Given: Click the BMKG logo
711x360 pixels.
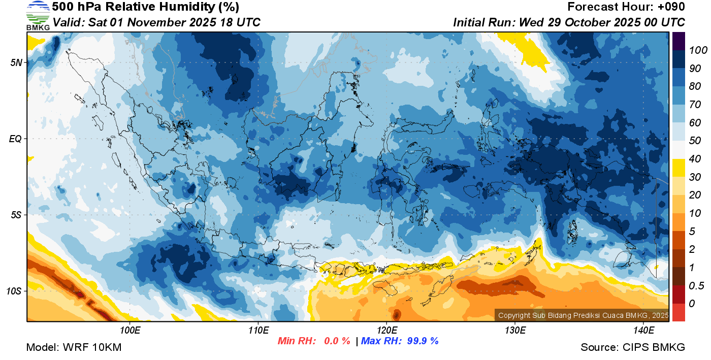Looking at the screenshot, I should [x=38, y=15].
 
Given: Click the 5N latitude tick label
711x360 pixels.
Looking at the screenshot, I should [x=16, y=62].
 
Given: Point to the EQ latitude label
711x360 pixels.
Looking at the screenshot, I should [x=16, y=139].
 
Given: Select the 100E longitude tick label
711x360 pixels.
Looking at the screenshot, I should [x=130, y=331].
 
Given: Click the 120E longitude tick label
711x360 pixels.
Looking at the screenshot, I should [x=386, y=331].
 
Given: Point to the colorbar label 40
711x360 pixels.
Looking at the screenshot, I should [x=694, y=159].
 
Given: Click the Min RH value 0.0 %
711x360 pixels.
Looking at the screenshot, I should [x=337, y=341].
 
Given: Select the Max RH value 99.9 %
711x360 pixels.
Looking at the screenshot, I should [x=423, y=341].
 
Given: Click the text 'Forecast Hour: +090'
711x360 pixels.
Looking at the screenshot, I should [x=626, y=7].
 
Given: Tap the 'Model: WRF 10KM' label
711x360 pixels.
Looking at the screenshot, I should [x=74, y=347].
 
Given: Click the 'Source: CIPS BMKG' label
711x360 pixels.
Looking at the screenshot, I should [x=633, y=347].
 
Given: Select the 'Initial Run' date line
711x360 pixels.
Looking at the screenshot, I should [x=569, y=22].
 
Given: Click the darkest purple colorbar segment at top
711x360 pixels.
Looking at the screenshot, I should [x=678, y=41].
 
